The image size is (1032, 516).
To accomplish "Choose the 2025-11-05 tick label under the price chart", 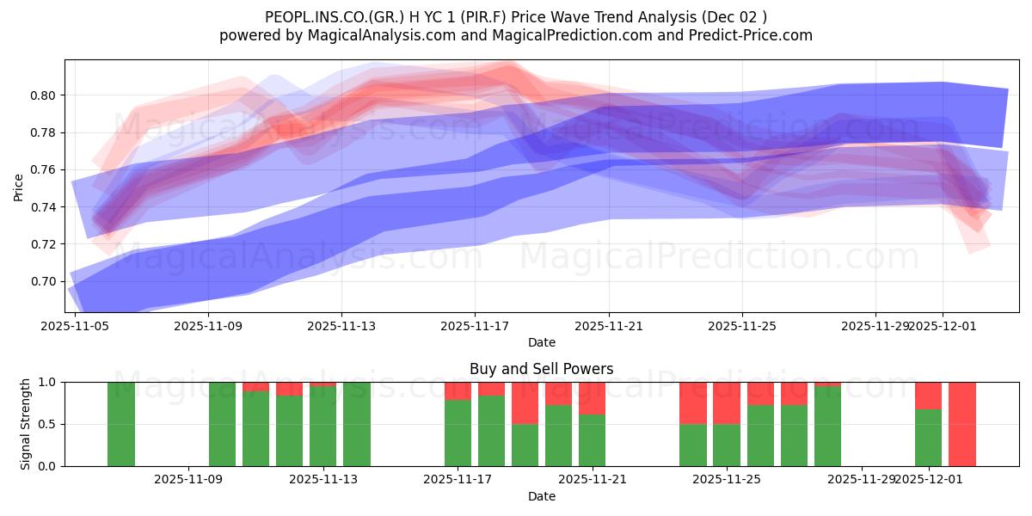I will point(75,326).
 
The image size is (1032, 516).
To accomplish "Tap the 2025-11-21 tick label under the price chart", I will point(609,326).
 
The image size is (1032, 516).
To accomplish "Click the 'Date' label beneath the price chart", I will point(542,342).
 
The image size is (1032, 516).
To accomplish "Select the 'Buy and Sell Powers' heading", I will point(542,369).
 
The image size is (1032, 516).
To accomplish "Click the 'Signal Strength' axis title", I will point(26,424).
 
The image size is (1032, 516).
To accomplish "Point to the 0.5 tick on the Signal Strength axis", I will point(48,424).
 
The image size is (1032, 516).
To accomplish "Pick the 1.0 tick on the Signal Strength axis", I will point(48,382).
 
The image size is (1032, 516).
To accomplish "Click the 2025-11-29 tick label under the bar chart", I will point(861,480).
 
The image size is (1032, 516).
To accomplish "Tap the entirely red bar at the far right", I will point(961,424).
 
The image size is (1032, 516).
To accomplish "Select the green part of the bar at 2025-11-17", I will point(458,433).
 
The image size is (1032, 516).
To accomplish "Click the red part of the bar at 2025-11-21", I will point(592,397).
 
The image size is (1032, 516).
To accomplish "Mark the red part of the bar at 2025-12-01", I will point(928,395).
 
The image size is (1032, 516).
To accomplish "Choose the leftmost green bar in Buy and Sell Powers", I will point(121,424).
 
